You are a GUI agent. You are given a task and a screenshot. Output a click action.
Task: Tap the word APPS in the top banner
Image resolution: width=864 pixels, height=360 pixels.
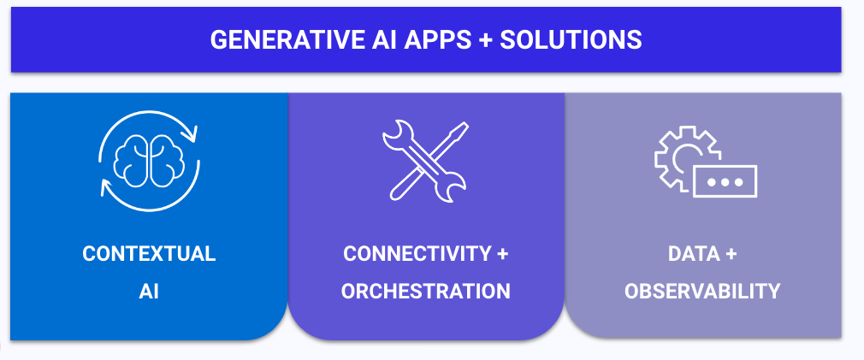pyautogui.click(x=435, y=40)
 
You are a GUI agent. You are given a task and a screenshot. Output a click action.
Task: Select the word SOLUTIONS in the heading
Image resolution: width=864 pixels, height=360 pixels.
pyautogui.click(x=571, y=40)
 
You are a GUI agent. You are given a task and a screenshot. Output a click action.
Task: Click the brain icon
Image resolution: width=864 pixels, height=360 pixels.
pyautogui.click(x=149, y=161)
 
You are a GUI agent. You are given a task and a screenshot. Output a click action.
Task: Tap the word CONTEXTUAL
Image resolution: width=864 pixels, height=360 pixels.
pyautogui.click(x=149, y=254)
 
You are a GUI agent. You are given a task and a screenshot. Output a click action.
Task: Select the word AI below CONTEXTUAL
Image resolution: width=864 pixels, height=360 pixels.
pyautogui.click(x=149, y=292)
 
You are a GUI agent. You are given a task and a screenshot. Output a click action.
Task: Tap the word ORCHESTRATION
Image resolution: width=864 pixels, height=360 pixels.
pyautogui.click(x=425, y=292)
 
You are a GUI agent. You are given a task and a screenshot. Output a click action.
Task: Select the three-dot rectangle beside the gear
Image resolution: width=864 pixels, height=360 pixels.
pyautogui.click(x=725, y=181)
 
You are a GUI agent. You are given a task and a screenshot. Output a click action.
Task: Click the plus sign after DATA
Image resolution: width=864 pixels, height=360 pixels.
pyautogui.click(x=730, y=254)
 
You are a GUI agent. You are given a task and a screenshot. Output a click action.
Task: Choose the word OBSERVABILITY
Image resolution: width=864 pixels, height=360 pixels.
pyautogui.click(x=702, y=292)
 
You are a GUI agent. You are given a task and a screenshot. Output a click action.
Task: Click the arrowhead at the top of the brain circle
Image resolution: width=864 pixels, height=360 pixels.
pyautogui.click(x=192, y=133)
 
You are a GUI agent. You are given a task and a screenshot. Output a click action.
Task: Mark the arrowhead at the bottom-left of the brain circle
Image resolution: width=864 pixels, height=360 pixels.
pyautogui.click(x=105, y=188)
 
